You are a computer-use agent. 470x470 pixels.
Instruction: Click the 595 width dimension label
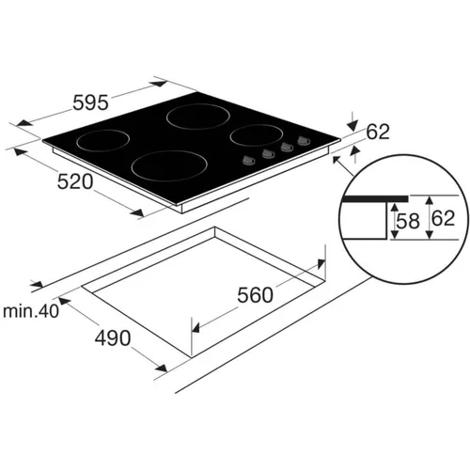[90, 102]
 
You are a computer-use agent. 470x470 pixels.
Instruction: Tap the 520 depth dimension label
[75, 181]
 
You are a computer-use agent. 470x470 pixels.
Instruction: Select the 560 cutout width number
[255, 295]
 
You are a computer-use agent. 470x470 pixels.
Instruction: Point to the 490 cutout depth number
[113, 338]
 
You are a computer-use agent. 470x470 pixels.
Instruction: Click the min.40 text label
[31, 311]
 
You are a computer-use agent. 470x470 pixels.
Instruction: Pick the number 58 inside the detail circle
[408, 221]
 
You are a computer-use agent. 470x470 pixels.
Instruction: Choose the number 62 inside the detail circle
[443, 218]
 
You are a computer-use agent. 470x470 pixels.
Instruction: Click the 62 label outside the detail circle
[378, 132]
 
